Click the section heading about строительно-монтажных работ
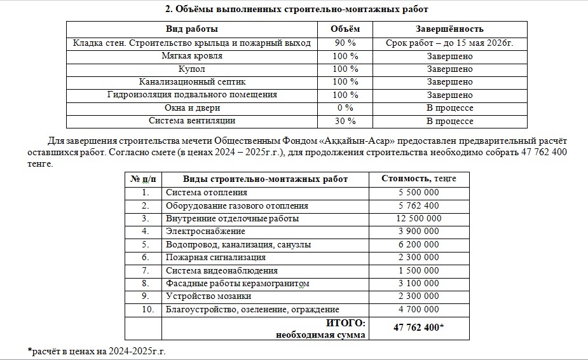click(x=296, y=9)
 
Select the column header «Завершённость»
click(x=449, y=29)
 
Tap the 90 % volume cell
click(x=345, y=43)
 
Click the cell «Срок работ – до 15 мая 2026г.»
click(x=449, y=43)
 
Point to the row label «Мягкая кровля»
click(x=191, y=56)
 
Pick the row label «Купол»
click(x=191, y=69)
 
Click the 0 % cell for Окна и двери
click(x=345, y=107)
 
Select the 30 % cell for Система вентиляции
click(x=345, y=121)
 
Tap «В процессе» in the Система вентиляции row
click(x=449, y=121)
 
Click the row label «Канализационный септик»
click(x=191, y=81)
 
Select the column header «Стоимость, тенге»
click(x=418, y=179)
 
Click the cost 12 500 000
click(x=418, y=218)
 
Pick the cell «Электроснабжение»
click(x=205, y=231)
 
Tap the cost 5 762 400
click(x=418, y=205)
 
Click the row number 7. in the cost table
click(x=145, y=270)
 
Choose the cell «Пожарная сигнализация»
click(x=215, y=258)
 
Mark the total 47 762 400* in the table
click(x=418, y=328)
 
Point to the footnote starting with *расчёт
click(x=97, y=350)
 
